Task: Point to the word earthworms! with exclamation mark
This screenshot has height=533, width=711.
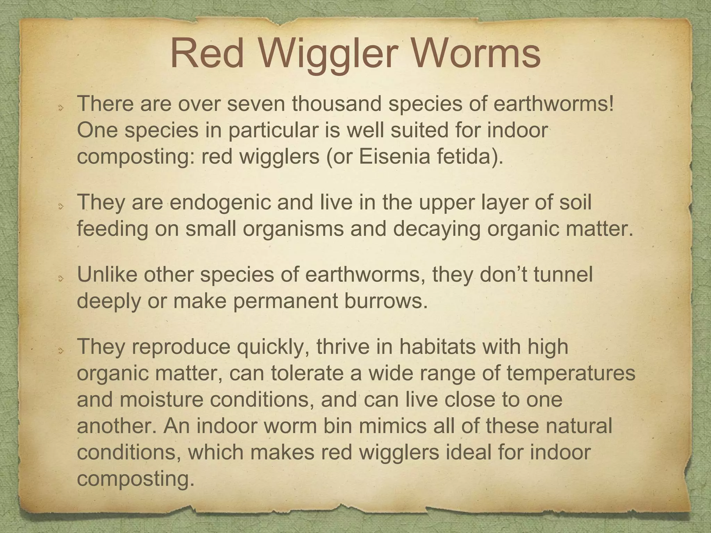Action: pyautogui.click(x=554, y=104)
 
